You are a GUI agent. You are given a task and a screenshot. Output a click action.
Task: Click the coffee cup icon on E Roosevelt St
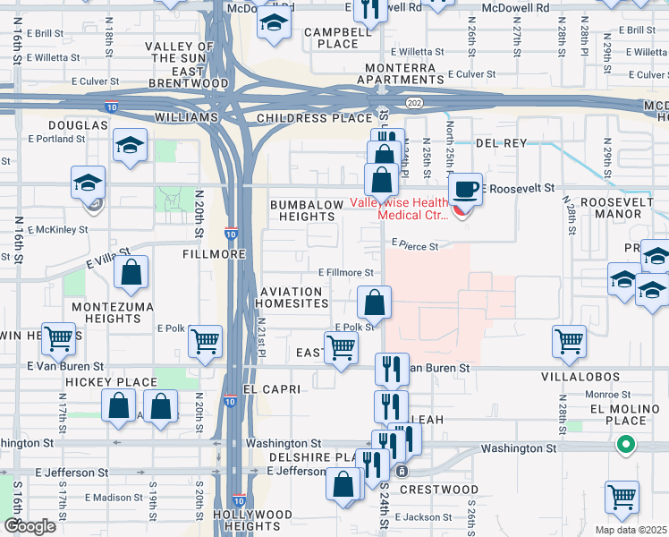tap(465, 190)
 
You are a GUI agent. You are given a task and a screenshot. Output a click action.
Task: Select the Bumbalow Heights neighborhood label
tap(307, 211)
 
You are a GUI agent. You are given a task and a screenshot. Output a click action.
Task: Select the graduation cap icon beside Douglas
tap(131, 147)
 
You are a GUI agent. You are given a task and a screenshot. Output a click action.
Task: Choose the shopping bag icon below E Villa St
tap(131, 277)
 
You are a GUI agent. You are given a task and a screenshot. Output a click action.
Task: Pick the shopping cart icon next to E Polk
tap(206, 341)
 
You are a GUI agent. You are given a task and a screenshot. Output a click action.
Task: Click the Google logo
tap(30, 526)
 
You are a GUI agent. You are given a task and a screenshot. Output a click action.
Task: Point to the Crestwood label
tap(438, 490)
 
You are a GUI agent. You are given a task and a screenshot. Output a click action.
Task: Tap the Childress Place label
tap(313, 118)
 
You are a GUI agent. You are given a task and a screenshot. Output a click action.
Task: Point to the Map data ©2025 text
tap(630, 530)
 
